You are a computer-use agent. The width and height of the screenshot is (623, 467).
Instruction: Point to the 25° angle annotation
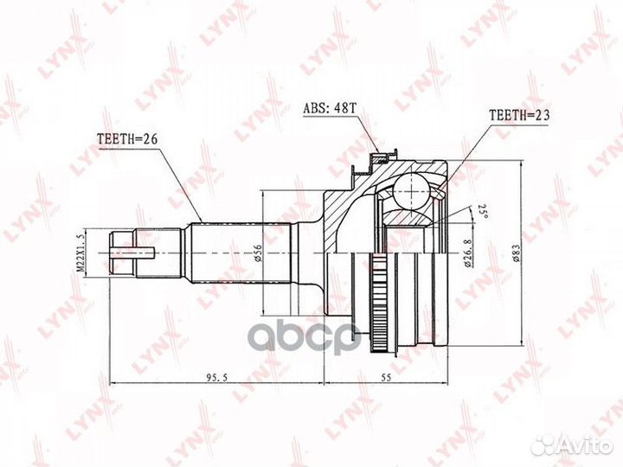479,210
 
